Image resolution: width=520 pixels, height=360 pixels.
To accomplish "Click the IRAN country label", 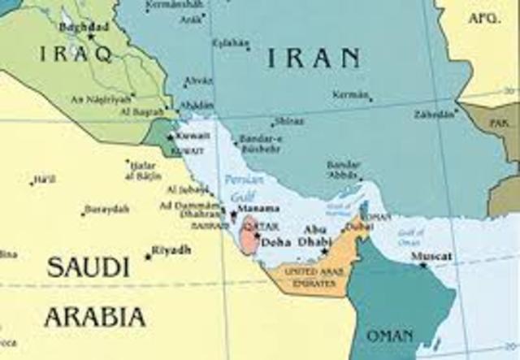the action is (314, 57).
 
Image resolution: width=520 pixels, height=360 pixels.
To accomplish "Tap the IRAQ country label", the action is (74, 54).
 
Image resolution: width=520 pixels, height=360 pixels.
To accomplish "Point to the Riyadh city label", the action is (171, 249).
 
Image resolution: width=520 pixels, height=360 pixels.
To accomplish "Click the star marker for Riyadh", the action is (148, 256).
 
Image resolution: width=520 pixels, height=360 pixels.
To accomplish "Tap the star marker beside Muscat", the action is (422, 265).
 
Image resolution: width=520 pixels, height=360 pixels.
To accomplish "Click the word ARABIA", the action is (95, 316).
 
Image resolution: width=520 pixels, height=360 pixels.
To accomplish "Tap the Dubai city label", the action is (358, 227).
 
